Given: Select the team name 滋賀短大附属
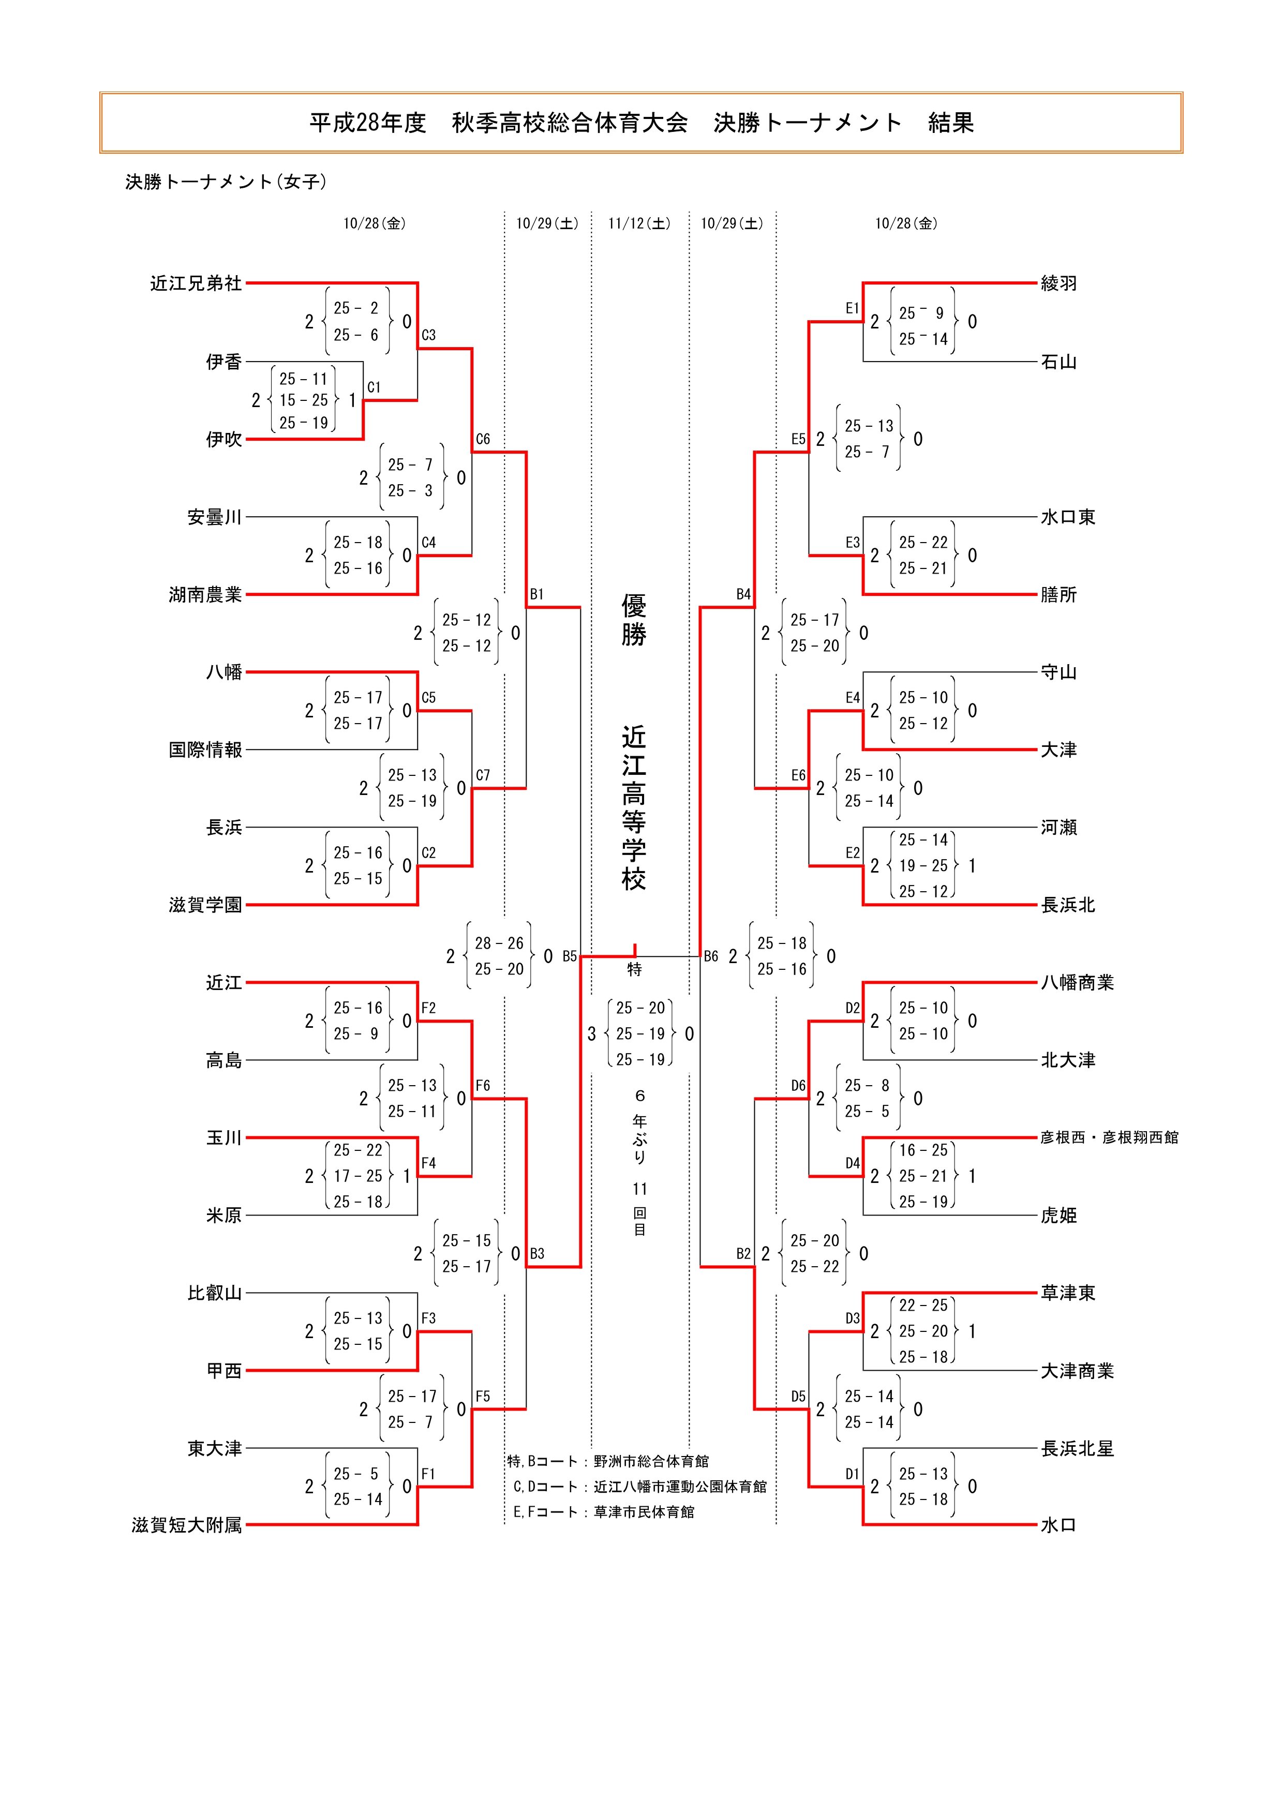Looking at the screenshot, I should (x=187, y=1525).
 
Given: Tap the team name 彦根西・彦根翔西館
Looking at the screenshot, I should (x=1108, y=1137).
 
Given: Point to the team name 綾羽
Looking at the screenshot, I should (x=1058, y=283).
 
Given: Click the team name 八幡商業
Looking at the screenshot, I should (x=1077, y=983).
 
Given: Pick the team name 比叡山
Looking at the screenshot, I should (x=214, y=1293).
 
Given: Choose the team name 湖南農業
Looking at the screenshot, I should (x=205, y=594).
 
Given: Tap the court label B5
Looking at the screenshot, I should (x=569, y=956).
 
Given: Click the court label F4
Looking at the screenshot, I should (x=428, y=1163).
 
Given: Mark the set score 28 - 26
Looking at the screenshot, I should (x=499, y=943).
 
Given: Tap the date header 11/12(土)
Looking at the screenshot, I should (x=639, y=224).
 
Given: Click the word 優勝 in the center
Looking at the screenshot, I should (x=633, y=621).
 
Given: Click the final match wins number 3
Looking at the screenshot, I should (x=591, y=1034).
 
